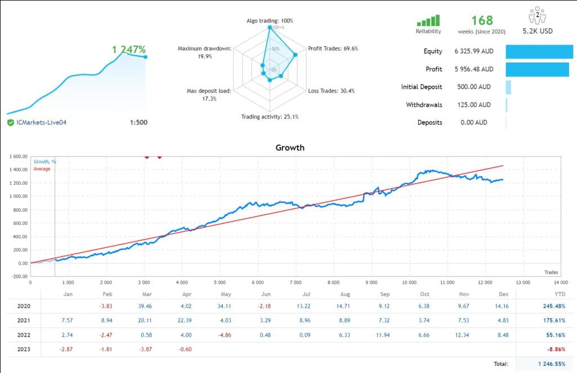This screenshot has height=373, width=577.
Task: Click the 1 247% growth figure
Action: click(129, 50)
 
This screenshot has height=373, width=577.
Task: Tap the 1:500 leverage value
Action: click(138, 122)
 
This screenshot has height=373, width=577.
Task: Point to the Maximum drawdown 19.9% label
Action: click(204, 52)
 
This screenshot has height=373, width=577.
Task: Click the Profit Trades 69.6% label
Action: click(333, 48)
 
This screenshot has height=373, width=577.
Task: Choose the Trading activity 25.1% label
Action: click(270, 117)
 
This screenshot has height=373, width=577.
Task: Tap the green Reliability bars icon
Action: click(428, 21)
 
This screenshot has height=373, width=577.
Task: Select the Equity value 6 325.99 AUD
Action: click(474, 51)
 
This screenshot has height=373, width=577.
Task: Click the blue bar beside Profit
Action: click(537, 69)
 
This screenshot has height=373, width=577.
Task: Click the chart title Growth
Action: click(290, 148)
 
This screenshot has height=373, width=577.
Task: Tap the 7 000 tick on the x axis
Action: click(296, 282)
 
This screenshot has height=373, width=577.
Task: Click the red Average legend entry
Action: click(42, 169)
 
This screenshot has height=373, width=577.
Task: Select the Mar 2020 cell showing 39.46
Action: click(145, 307)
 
